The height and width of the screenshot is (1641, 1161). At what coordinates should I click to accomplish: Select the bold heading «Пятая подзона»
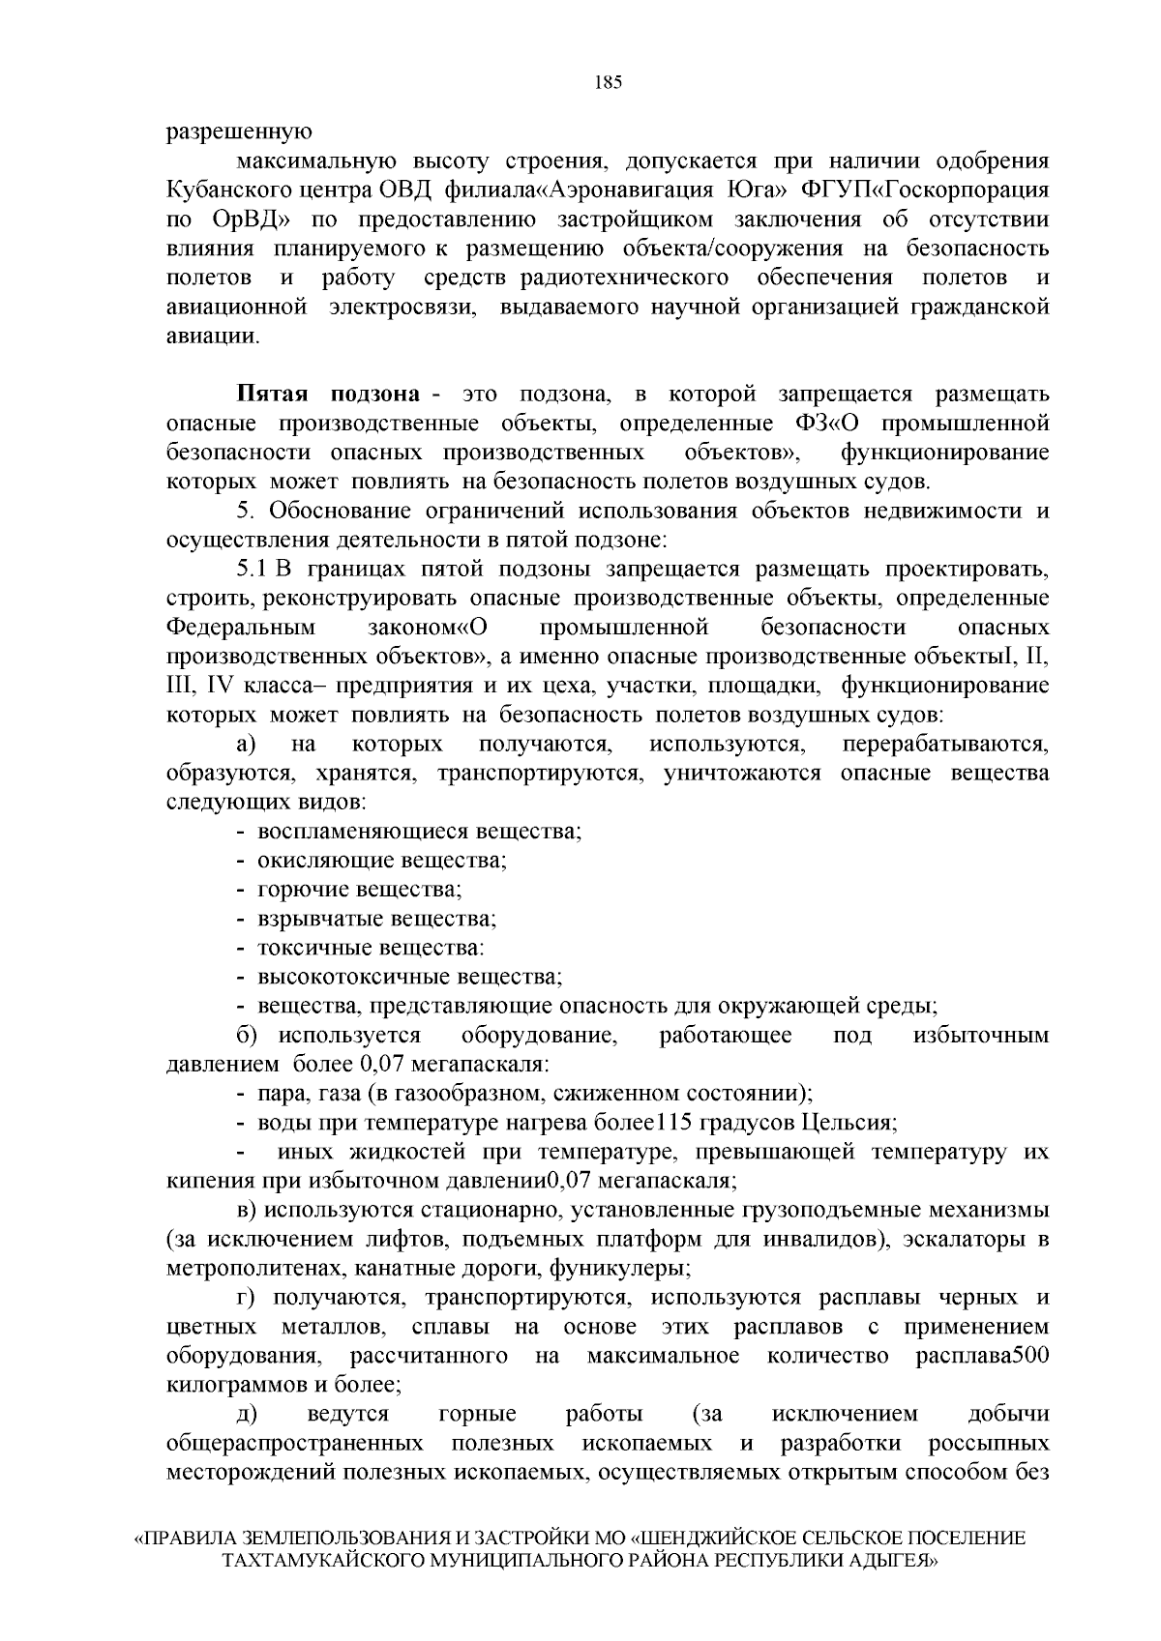pos(329,395)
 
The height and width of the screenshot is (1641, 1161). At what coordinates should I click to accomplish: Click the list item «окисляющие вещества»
pos(383,860)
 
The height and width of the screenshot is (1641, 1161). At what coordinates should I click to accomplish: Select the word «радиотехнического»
pos(624,278)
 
